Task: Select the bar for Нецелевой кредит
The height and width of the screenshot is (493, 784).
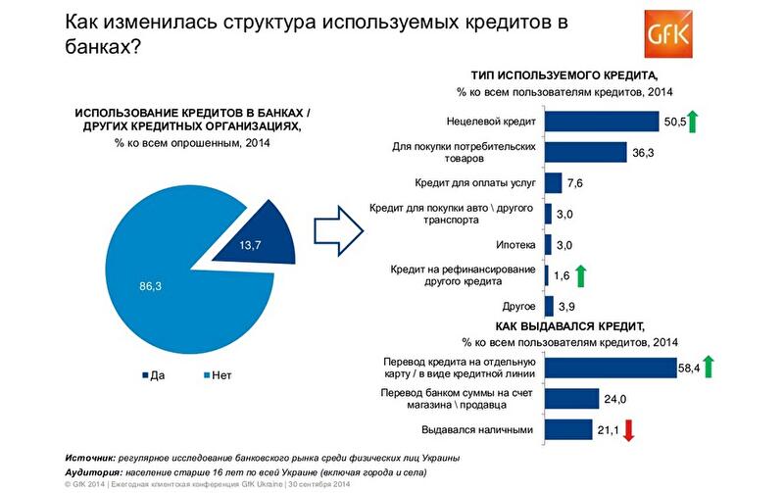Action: [601, 121]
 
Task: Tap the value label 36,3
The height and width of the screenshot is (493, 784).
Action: [644, 152]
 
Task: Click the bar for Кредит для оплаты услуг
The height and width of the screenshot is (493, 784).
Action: [553, 182]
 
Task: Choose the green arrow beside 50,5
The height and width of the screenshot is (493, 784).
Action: [692, 122]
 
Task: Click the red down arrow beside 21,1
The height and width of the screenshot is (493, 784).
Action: [631, 428]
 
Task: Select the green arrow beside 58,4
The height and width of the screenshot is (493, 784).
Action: [709, 368]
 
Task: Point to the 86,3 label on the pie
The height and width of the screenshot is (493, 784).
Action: [149, 285]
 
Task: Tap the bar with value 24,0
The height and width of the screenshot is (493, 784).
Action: [571, 398]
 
